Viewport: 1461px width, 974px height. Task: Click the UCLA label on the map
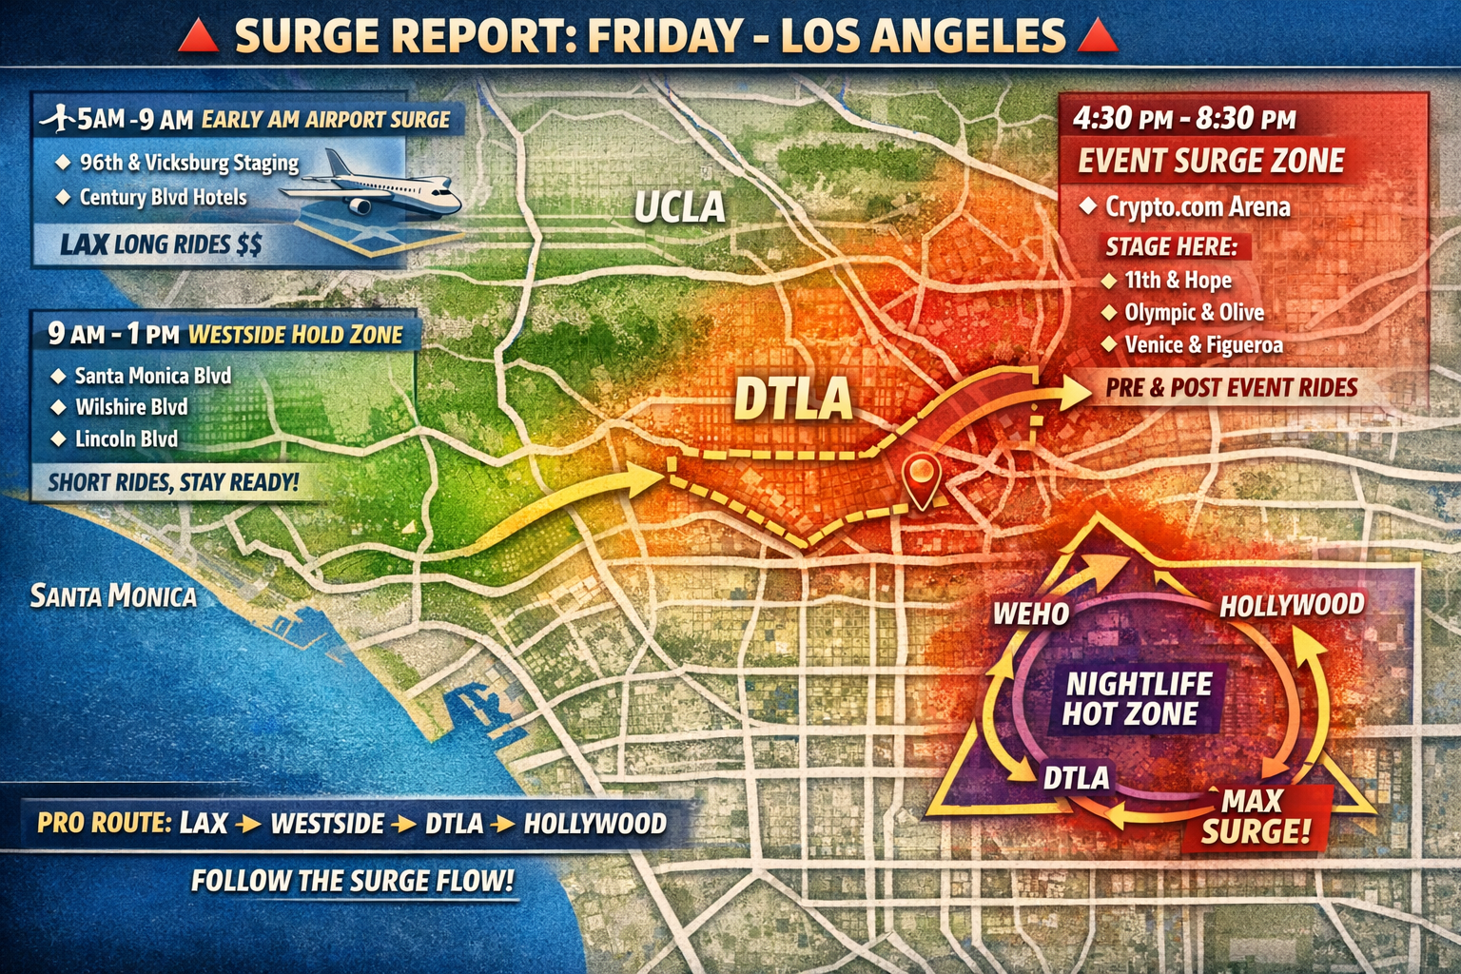point(679,207)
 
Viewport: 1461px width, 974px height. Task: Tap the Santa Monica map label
point(113,596)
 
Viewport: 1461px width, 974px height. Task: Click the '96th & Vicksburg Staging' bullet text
point(188,163)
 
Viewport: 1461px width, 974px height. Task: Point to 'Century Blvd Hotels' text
point(163,198)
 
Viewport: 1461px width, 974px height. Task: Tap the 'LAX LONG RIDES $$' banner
point(161,245)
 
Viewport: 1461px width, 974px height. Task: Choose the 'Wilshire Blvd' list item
point(131,407)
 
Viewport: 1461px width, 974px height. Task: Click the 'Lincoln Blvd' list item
point(127,439)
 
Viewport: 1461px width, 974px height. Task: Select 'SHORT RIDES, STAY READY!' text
point(173,482)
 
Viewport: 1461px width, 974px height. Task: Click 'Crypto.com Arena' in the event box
point(1197,207)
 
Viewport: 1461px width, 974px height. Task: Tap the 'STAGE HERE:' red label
point(1171,247)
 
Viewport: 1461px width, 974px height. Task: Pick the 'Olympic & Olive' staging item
point(1194,313)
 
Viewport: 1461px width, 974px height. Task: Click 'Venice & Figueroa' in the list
point(1203,345)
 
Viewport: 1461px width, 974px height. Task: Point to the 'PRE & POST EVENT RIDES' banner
point(1231,388)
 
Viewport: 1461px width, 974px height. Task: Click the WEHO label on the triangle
point(1031,614)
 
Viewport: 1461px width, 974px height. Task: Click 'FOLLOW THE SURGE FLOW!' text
point(352,881)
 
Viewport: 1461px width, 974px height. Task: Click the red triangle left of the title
point(199,37)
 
